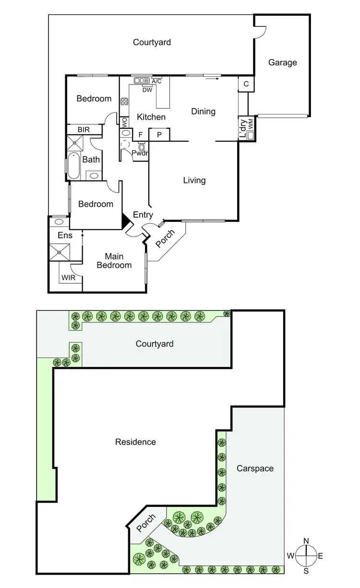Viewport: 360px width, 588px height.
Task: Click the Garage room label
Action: (x=282, y=62)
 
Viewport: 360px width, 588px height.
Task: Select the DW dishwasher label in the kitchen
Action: (x=147, y=90)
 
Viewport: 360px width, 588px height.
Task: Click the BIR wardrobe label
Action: (x=84, y=130)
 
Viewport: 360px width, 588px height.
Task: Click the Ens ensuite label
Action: (x=65, y=235)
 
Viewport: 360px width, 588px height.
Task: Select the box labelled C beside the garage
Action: (x=246, y=84)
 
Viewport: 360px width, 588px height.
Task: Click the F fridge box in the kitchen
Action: (x=141, y=135)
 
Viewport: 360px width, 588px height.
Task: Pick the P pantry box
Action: (x=160, y=135)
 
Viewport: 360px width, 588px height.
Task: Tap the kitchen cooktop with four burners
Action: (x=124, y=101)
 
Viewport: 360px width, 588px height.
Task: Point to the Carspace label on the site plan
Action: (x=255, y=468)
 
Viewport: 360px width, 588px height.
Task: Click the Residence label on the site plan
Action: (x=135, y=441)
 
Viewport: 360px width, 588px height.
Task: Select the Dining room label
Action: (x=203, y=111)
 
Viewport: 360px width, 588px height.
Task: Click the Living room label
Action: (x=194, y=180)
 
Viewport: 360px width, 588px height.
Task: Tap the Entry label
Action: (x=143, y=215)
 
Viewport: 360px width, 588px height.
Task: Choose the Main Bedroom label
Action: (x=114, y=261)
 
